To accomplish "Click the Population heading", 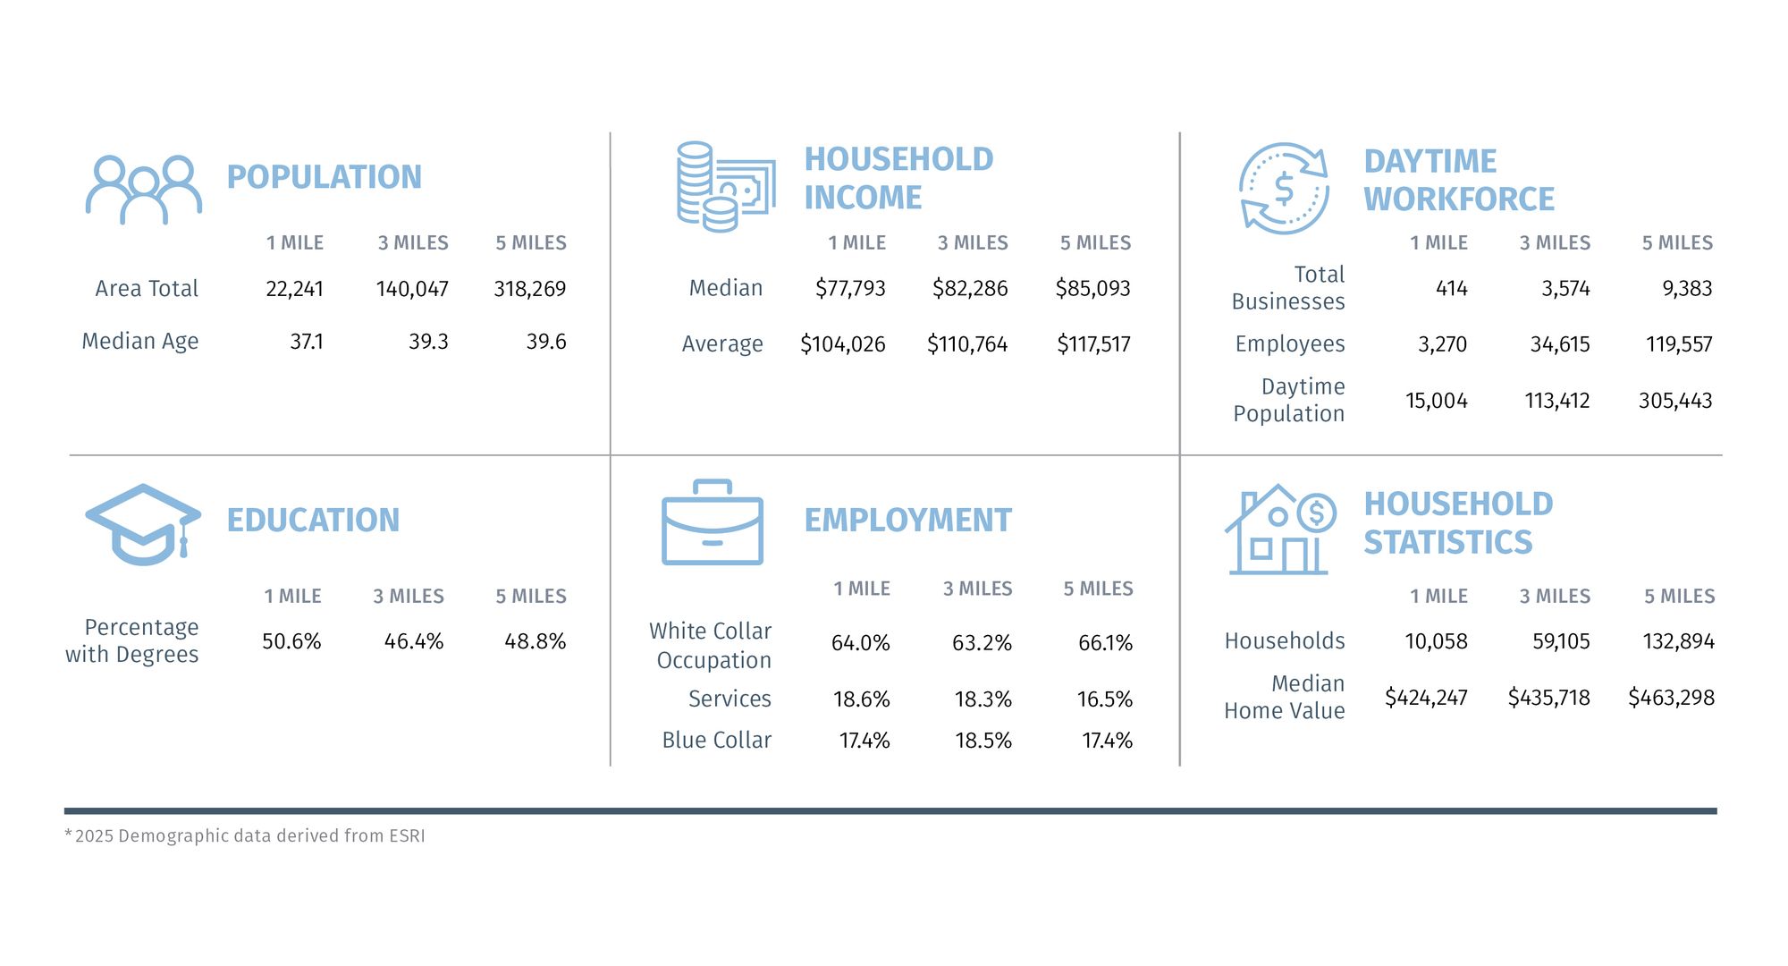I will (x=324, y=177).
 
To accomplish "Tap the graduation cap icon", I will (x=143, y=524).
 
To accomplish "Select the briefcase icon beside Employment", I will (x=713, y=523).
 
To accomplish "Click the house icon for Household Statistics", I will (x=1279, y=530).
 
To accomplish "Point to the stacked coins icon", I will (x=725, y=187).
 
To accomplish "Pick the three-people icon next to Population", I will (x=143, y=190).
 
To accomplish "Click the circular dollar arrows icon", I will (x=1284, y=189).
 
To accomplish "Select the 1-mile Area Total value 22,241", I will (x=294, y=289).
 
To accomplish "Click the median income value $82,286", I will (x=969, y=288).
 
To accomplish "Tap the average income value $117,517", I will (x=1092, y=344).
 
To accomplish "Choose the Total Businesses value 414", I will (x=1451, y=288).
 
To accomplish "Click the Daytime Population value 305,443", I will (x=1674, y=401).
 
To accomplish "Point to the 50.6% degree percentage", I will (x=291, y=641).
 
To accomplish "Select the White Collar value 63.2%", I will (x=982, y=643).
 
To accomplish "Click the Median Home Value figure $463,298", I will (x=1671, y=698).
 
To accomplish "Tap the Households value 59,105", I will (x=1561, y=641).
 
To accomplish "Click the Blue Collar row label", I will (x=716, y=741).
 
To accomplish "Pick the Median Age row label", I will (x=140, y=342).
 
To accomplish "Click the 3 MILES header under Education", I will (x=409, y=597).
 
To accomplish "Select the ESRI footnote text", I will (x=245, y=836).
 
